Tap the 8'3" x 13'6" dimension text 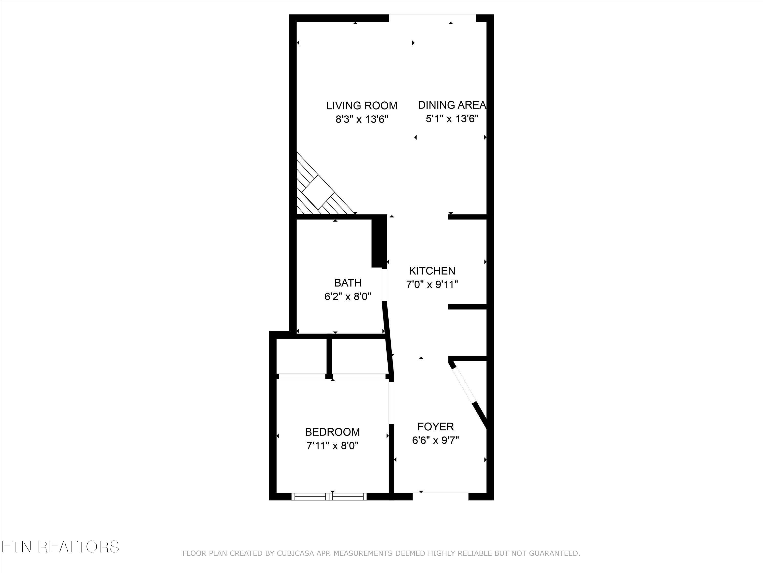pos(362,119)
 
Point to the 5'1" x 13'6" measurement pos(452,119)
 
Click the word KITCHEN pos(432,270)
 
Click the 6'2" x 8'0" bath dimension pos(348,297)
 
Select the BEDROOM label pos(332,432)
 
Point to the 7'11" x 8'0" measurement pos(332,446)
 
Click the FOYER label pos(435,427)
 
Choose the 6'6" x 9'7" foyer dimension pos(435,440)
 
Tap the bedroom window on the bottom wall pos(329,496)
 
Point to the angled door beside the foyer pos(464,387)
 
